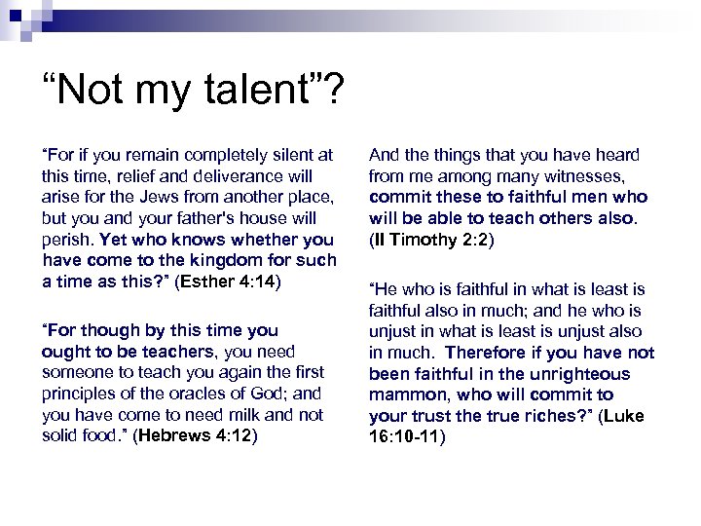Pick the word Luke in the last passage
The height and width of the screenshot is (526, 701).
pyautogui.click(x=623, y=416)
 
